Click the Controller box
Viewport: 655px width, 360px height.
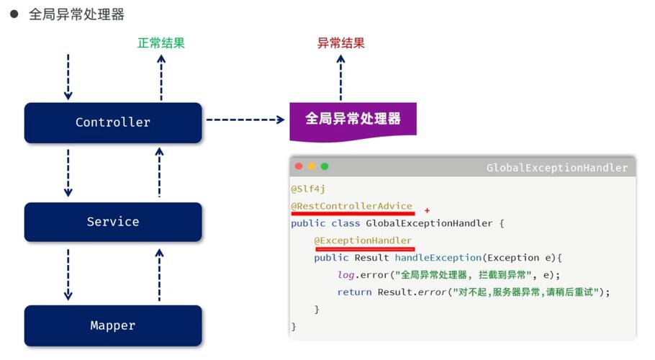[113, 122]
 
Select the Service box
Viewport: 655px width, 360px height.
[113, 222]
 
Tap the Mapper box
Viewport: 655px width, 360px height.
[113, 325]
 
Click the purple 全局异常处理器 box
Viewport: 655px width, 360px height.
[353, 119]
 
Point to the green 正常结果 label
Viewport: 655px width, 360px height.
[161, 42]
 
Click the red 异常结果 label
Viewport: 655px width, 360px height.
[341, 42]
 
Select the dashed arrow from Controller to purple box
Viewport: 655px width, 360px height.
[245, 120]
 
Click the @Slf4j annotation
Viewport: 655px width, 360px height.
[308, 189]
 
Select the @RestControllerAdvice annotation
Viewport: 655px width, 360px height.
[351, 206]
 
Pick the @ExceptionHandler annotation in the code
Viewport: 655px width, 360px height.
[363, 240]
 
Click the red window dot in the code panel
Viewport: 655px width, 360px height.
[299, 166]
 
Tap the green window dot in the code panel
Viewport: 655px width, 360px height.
[325, 166]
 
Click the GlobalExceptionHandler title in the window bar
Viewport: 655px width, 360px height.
[556, 168]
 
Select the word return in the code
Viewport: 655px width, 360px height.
[354, 292]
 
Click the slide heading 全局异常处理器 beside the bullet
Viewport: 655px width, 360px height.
[76, 14]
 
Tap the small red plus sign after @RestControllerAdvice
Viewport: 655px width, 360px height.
[427, 210]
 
